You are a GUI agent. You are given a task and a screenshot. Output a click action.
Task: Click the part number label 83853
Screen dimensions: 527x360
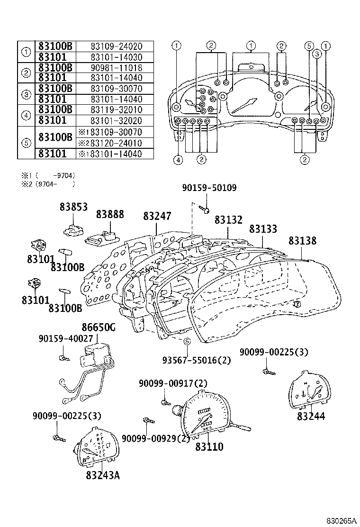click(x=73, y=207)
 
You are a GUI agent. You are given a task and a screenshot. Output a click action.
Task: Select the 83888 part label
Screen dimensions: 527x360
click(x=110, y=214)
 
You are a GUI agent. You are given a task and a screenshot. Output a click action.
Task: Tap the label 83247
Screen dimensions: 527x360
click(x=157, y=216)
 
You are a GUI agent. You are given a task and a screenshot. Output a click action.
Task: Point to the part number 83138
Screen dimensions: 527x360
click(x=302, y=241)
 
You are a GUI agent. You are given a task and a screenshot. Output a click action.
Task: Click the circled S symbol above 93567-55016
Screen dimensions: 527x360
click(x=187, y=342)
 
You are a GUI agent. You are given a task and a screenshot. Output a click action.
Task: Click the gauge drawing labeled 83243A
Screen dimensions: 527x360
click(x=96, y=447)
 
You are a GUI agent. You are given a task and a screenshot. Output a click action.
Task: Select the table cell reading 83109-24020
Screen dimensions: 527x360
click(x=116, y=46)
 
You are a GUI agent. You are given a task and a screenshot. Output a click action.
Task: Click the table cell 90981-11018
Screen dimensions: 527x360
click(x=116, y=67)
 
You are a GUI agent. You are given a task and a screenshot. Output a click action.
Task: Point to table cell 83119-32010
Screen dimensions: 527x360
click(x=116, y=110)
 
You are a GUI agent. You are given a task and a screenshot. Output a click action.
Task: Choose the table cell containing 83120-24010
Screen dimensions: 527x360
click(x=116, y=143)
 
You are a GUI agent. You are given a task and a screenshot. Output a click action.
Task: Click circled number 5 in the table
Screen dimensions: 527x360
click(x=27, y=142)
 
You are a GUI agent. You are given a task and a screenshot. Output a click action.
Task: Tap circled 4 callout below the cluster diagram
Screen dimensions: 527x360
click(x=177, y=160)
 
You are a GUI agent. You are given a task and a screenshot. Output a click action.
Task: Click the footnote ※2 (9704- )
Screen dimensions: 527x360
click(x=47, y=183)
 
